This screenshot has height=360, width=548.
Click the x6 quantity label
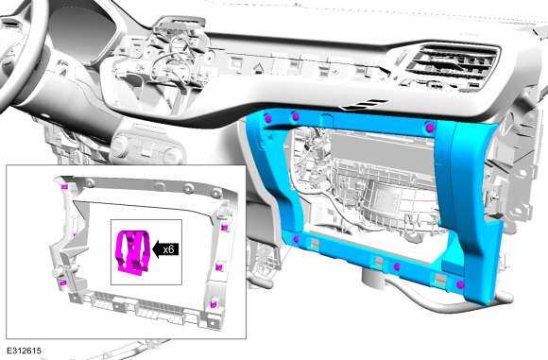click(x=168, y=249)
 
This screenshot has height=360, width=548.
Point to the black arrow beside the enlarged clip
click(x=165, y=249)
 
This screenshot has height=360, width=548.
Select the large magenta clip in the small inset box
click(x=134, y=251)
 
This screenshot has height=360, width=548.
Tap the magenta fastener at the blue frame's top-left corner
click(x=268, y=119)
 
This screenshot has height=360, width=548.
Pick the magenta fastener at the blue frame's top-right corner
click(x=430, y=128)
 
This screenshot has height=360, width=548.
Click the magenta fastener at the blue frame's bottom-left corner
click(x=296, y=239)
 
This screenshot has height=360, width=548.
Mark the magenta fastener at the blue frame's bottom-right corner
click(x=460, y=284)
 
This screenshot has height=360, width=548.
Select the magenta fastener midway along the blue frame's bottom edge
click(x=397, y=267)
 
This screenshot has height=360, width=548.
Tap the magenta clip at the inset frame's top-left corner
click(x=64, y=187)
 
